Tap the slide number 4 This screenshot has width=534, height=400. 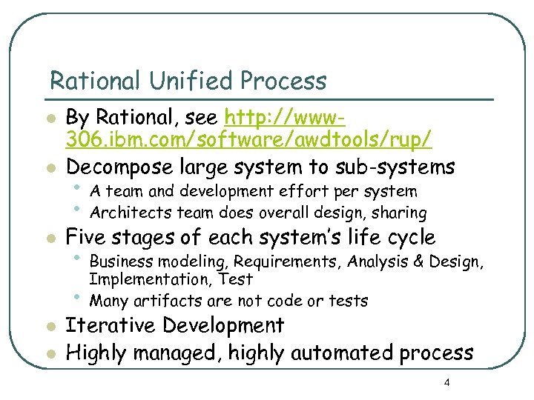pos(446,383)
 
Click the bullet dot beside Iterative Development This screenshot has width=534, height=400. pos(49,327)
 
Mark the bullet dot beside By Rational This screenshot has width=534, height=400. pos(49,119)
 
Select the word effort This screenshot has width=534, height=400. pos(281,191)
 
